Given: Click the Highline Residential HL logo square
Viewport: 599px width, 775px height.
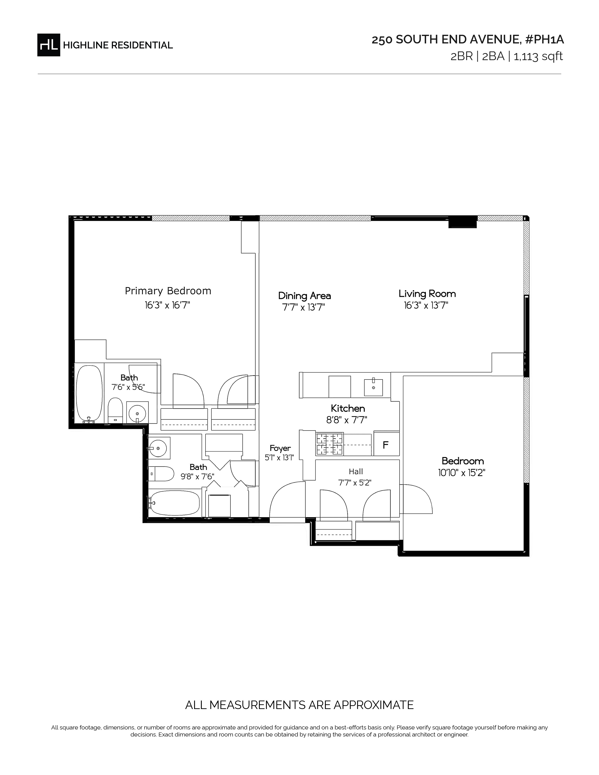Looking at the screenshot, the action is tap(49, 45).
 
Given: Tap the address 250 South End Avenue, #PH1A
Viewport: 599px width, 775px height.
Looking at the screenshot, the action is tap(467, 40).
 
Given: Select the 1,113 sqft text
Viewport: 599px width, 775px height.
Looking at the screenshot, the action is tap(538, 56).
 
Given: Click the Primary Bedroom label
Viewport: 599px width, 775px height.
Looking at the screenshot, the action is tap(168, 291).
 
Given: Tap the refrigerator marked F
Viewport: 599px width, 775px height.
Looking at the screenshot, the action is tap(386, 444).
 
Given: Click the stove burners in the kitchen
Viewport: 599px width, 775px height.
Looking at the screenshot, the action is tap(330, 444).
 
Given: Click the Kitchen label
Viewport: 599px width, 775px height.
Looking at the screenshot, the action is tap(348, 408).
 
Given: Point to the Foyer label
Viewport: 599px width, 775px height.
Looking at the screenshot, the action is tap(280, 448).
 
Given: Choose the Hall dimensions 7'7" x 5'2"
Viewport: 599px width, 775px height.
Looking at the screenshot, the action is tap(355, 483).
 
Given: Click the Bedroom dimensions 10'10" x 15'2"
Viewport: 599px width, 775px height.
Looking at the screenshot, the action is tap(462, 473).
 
